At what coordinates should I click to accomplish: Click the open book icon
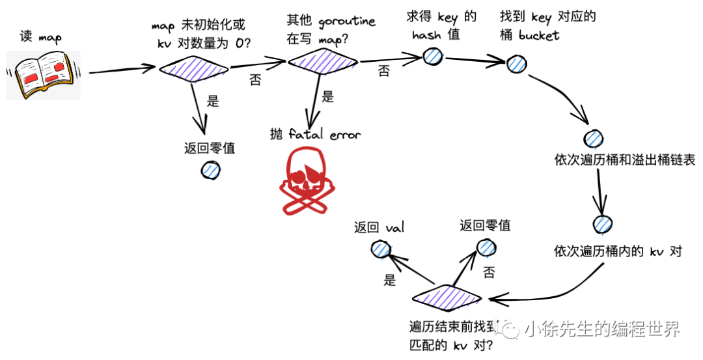(43, 74)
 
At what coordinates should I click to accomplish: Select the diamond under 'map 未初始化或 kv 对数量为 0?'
(194, 67)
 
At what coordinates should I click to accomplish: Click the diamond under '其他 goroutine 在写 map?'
(323, 62)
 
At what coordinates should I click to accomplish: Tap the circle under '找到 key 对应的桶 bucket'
(517, 63)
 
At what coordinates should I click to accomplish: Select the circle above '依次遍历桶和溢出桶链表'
(593, 139)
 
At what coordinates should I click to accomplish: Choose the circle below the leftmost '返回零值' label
(210, 170)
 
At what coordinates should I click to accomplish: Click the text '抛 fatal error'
(315, 134)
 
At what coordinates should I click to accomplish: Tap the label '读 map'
(40, 37)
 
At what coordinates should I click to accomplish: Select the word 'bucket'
(539, 35)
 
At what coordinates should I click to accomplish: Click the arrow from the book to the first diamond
(120, 70)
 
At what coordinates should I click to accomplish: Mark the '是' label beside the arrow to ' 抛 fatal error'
(328, 98)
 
